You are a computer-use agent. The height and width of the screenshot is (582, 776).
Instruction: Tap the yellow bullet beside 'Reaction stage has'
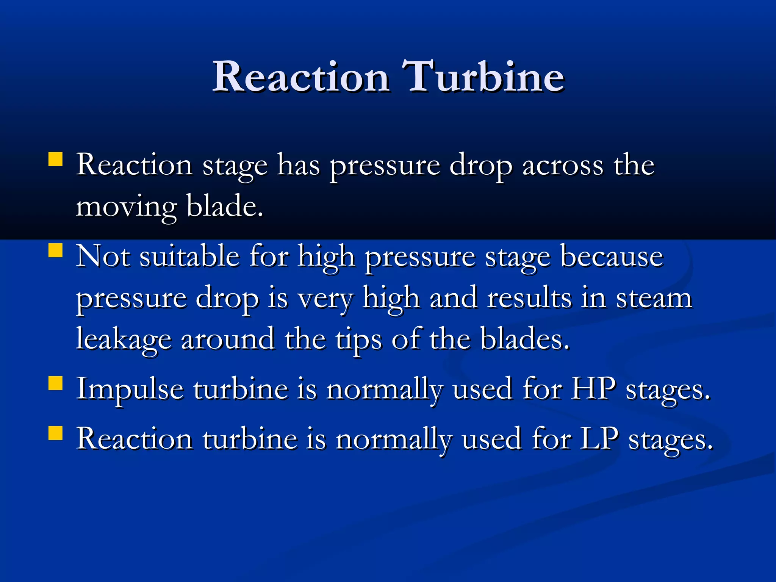(55, 159)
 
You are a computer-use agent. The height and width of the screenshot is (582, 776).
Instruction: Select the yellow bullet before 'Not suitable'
(55, 250)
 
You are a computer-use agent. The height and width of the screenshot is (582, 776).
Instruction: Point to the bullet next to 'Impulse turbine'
(55, 383)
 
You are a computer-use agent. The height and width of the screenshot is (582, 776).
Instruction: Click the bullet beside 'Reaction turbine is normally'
(55, 433)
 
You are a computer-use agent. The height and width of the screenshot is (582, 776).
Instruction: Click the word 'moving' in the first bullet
(127, 207)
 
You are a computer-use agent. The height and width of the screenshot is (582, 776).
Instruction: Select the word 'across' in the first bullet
(562, 166)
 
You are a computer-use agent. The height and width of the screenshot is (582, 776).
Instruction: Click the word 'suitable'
(189, 257)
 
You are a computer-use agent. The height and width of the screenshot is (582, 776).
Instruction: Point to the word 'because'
(612, 257)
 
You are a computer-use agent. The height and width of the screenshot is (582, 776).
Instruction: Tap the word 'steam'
(654, 298)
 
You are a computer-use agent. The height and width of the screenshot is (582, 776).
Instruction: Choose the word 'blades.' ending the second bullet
(525, 338)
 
